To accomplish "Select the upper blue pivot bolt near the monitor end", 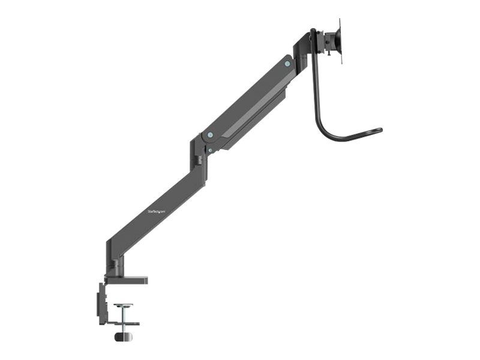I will [x=287, y=63].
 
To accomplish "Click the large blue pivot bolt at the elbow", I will [x=209, y=135].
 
